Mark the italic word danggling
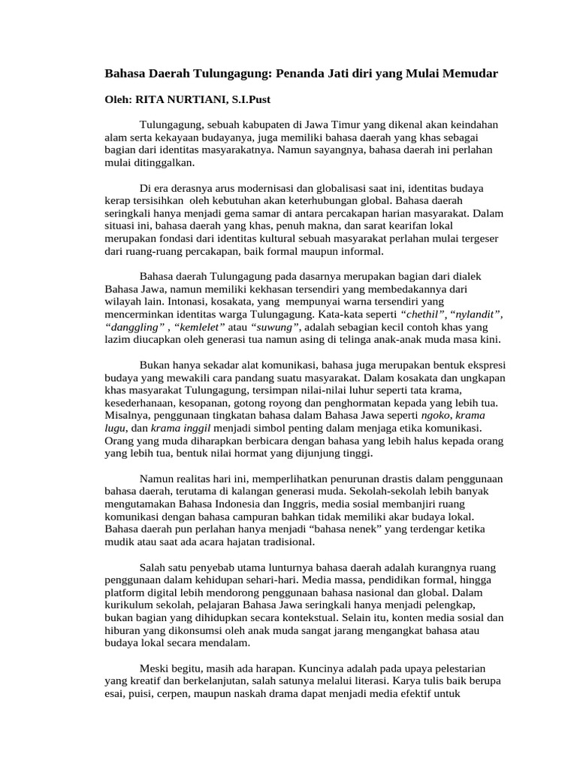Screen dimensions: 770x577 pos(131,327)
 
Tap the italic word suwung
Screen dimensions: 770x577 pos(276,327)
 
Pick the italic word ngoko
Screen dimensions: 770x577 pos(436,416)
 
